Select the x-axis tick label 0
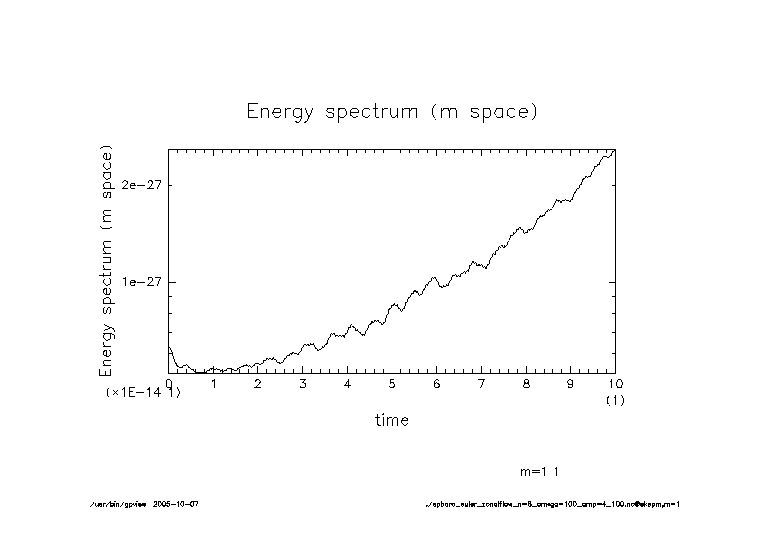pyautogui.click(x=169, y=384)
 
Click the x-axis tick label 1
pyautogui.click(x=214, y=384)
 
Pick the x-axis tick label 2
pyautogui.click(x=258, y=384)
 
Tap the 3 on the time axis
pyautogui.click(x=303, y=384)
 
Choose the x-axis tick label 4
pyautogui.click(x=348, y=384)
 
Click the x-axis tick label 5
pyautogui.click(x=392, y=384)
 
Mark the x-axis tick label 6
pyautogui.click(x=437, y=384)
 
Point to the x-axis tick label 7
pyautogui.click(x=482, y=384)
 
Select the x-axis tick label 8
pyautogui.click(x=527, y=384)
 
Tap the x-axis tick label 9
pyautogui.click(x=571, y=384)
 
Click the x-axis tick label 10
pyautogui.click(x=615, y=384)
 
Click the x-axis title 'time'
pyautogui.click(x=392, y=420)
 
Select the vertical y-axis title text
pyautogui.click(x=107, y=261)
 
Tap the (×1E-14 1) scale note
pyautogui.click(x=143, y=393)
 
